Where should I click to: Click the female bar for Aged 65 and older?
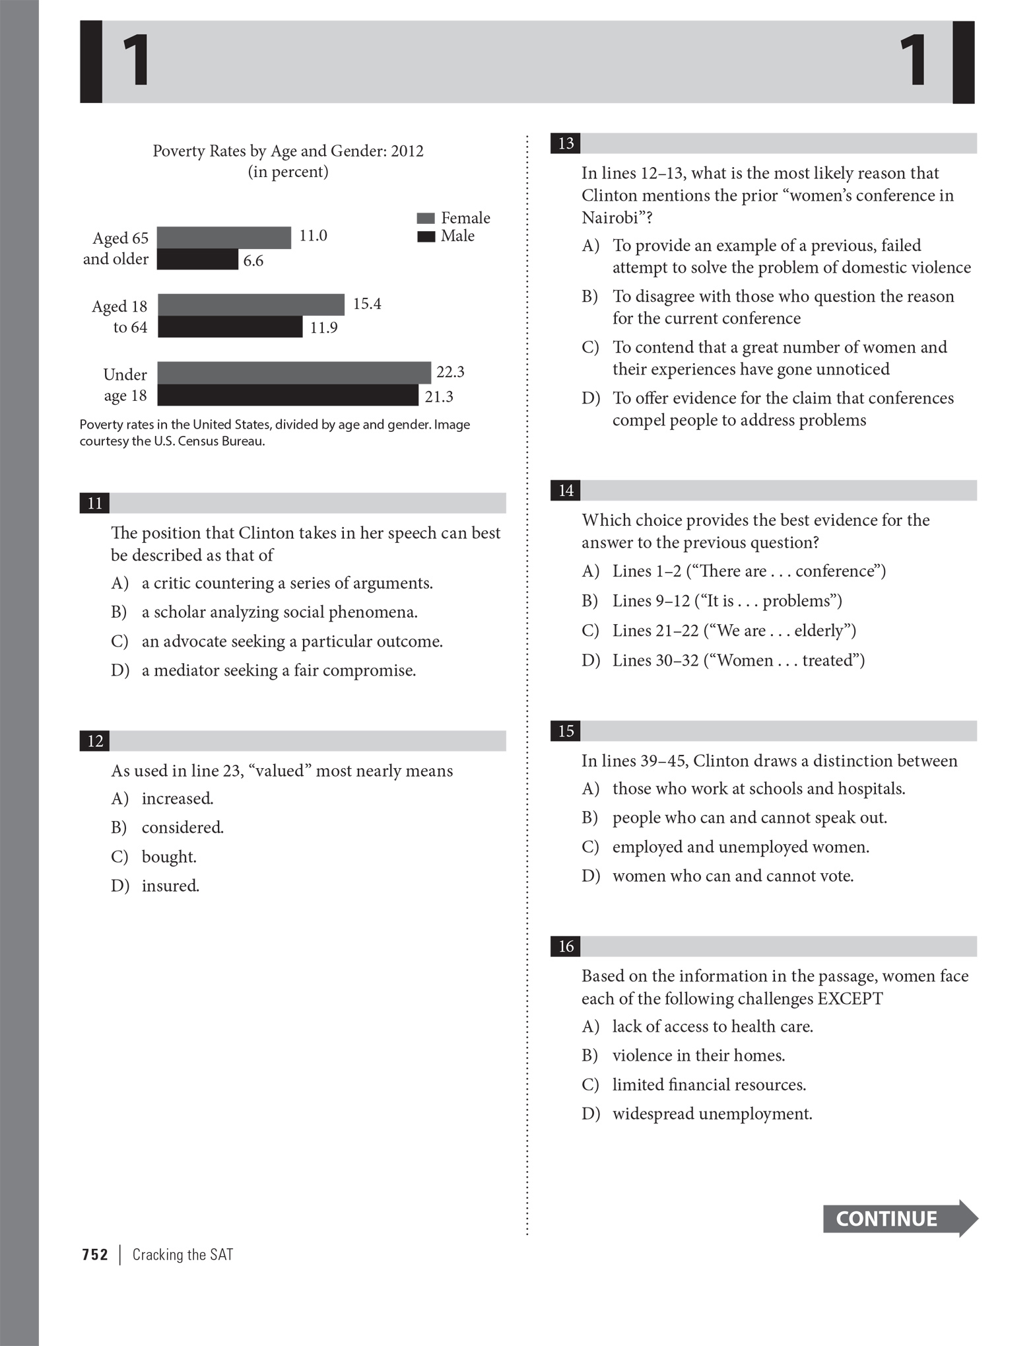pos(224,238)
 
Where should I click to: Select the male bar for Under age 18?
pos(287,396)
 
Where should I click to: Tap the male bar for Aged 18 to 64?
pos(230,327)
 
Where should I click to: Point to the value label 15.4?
pos(367,304)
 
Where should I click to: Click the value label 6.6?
pos(253,261)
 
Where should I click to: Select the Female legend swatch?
pos(426,219)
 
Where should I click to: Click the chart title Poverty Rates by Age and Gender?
pos(288,151)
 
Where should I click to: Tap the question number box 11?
pos(95,503)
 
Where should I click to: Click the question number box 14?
pos(566,490)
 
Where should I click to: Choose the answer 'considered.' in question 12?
pos(183,828)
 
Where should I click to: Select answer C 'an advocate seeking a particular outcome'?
pos(292,641)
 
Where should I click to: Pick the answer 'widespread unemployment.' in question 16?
pos(712,1114)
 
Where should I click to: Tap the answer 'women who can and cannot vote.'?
pos(733,876)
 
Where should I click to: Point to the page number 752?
pos(95,1255)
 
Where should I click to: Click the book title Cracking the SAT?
pos(183,1255)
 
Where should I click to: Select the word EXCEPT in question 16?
pos(850,999)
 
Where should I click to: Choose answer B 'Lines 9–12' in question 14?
pos(726,601)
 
